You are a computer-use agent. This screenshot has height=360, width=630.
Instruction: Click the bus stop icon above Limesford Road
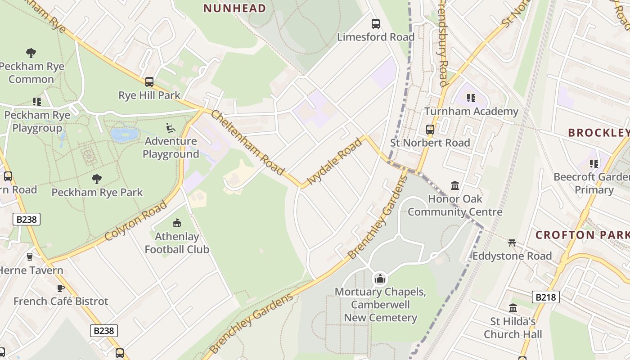pyautogui.click(x=375, y=23)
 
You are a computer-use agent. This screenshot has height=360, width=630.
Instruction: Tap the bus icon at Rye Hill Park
pyautogui.click(x=149, y=82)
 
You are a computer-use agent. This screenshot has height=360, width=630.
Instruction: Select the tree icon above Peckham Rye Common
pyautogui.click(x=31, y=53)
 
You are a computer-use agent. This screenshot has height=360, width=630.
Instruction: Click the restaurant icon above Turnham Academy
pyautogui.click(x=471, y=98)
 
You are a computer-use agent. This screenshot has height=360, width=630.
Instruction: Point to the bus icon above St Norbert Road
pyautogui.click(x=430, y=130)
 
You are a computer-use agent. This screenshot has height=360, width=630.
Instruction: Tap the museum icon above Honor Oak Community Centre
pyautogui.click(x=455, y=185)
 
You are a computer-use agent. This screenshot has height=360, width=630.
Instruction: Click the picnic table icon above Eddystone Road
pyautogui.click(x=512, y=243)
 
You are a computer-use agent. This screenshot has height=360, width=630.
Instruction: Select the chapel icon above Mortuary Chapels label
pyautogui.click(x=380, y=279)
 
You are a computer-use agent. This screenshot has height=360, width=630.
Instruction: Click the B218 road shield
pyautogui.click(x=545, y=297)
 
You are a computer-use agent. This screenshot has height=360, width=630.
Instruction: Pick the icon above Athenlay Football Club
pyautogui.click(x=177, y=223)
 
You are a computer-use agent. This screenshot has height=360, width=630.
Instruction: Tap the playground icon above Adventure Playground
pyautogui.click(x=171, y=128)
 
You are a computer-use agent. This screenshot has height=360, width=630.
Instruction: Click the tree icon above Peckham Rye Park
pyautogui.click(x=97, y=179)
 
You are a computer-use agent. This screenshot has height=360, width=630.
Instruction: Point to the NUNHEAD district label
pyautogui.click(x=234, y=8)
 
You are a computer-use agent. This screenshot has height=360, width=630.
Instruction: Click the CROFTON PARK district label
pyautogui.click(x=582, y=235)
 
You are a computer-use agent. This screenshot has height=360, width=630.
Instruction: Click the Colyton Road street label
pyautogui.click(x=136, y=221)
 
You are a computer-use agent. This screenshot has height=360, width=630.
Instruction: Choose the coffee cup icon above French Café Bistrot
pyautogui.click(x=61, y=288)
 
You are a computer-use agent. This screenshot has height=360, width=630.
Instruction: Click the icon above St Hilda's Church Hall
pyautogui.click(x=513, y=308)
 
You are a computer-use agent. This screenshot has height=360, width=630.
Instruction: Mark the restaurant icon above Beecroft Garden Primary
pyautogui.click(x=594, y=164)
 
